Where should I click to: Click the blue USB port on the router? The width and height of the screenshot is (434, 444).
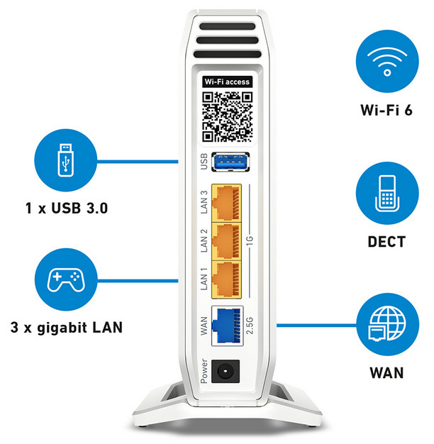pos(230,162)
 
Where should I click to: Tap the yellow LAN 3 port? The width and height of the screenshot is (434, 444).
pos(226,203)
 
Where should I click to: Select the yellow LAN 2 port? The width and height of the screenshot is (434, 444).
pos(226,241)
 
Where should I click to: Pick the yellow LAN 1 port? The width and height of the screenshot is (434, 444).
pos(226,279)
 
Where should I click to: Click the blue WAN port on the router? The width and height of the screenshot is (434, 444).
pos(228,326)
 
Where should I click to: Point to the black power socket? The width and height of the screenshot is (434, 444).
pos(226,371)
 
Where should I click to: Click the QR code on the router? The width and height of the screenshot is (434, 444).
pos(228,116)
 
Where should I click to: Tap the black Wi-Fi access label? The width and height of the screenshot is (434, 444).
pos(227,82)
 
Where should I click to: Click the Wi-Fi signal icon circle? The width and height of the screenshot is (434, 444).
pos(387,61)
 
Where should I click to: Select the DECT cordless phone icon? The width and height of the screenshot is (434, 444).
pos(387,193)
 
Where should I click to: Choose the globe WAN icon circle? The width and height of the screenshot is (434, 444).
pos(387,325)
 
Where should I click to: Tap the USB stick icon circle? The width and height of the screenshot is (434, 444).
pos(66,160)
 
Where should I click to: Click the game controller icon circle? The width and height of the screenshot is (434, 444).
pos(66,279)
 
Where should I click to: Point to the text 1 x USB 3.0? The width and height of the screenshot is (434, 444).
pos(67,208)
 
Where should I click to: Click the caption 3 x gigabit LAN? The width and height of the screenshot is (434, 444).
pos(67,328)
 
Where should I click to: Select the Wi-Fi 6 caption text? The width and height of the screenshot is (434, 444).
pos(386,110)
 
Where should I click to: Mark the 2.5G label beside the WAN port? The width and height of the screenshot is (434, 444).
pos(250,326)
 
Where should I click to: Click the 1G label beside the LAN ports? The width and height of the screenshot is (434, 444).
pos(250,240)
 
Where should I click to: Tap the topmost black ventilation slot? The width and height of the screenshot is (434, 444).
pos(228,26)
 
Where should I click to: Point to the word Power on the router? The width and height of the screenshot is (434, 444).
pos(204,371)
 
